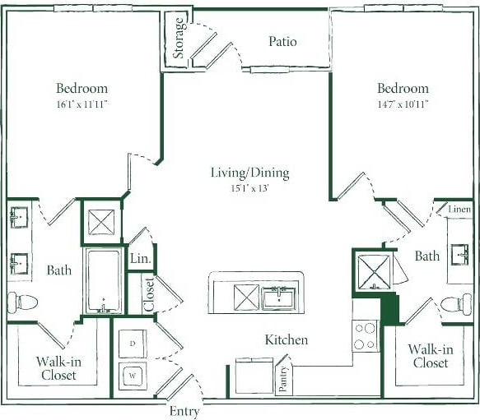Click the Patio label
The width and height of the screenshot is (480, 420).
282,41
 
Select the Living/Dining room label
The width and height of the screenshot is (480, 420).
249,173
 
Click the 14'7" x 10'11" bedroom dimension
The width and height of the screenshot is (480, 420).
403,104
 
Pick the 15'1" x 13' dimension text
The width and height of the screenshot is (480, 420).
249,188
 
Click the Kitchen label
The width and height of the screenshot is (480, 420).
286,339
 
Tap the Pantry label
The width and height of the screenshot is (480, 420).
282,379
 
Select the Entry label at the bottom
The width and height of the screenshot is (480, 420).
183,411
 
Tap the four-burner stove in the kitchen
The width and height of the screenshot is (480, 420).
365,335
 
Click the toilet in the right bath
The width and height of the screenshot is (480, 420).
458,302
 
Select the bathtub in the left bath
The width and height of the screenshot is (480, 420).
104,281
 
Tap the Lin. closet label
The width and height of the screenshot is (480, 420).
140,259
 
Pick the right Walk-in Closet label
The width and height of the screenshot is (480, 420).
429,356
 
